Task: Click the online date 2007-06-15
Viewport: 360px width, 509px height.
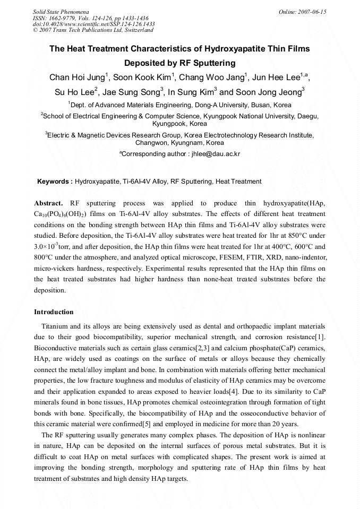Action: tap(312, 12)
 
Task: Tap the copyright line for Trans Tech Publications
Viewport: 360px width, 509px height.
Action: tap(93, 30)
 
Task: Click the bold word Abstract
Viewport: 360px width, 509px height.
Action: tap(48, 203)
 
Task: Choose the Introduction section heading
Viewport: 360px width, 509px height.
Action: tap(54, 312)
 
